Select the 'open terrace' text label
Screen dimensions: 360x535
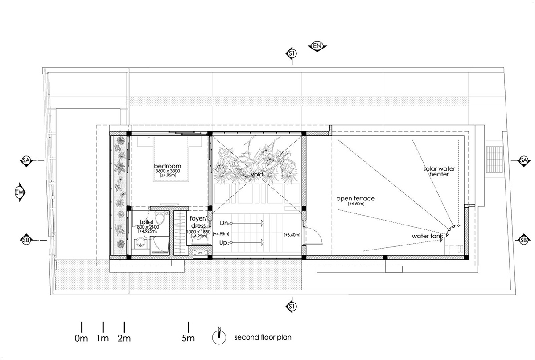(355, 198)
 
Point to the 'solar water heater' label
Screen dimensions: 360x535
(436, 172)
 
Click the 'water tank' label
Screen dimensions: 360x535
(427, 236)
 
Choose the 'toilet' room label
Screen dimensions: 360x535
(147, 221)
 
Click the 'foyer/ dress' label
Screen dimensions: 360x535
(198, 222)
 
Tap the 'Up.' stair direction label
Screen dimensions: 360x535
(224, 243)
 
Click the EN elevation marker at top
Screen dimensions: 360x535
(317, 46)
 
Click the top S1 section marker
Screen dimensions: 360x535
(292, 54)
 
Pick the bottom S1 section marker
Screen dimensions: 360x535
(292, 306)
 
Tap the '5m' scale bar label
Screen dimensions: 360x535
(188, 338)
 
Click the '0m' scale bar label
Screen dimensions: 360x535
(81, 338)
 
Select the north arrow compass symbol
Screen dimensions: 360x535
(219, 335)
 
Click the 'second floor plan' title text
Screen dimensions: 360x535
(263, 337)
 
